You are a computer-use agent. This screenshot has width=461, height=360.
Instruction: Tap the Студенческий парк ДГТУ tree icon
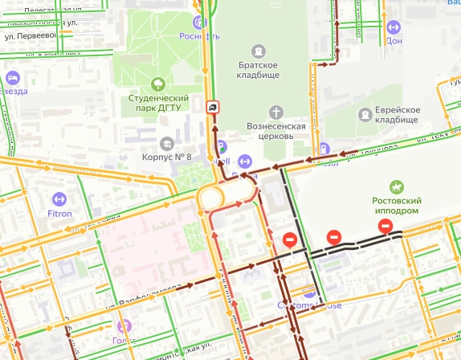157,83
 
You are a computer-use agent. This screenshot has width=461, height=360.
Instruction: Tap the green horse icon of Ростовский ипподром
396,186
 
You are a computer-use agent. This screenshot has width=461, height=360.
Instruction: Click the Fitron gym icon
58,198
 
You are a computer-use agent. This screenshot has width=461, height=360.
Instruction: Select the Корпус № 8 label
166,157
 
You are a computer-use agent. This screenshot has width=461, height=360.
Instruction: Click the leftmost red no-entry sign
289,239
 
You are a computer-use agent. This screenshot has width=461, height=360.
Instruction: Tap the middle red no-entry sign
334,237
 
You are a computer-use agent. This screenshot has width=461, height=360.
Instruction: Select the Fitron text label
59,214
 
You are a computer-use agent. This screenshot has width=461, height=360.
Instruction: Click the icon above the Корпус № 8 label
166,142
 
